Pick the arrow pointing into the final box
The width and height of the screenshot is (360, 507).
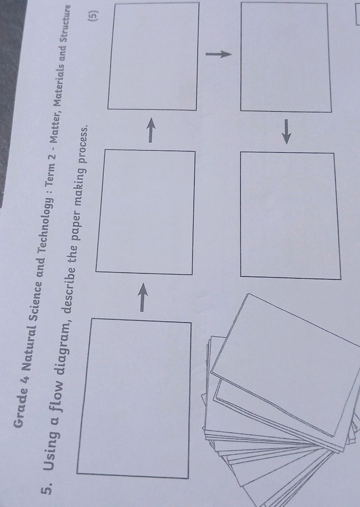[286, 132]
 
